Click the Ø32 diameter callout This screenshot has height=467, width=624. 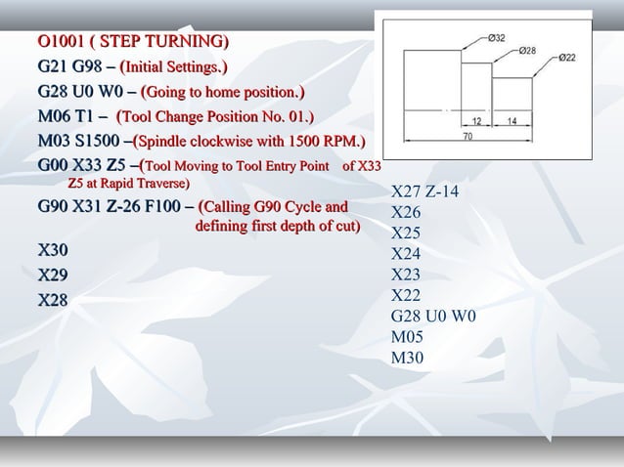click(x=497, y=38)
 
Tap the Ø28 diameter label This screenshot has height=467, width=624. click(x=527, y=49)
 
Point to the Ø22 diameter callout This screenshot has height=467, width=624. click(x=567, y=58)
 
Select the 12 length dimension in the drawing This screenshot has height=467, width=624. click(x=476, y=121)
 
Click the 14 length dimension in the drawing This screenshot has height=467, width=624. click(x=512, y=121)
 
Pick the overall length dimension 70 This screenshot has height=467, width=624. click(x=468, y=137)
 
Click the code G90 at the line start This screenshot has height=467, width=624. click(x=53, y=207)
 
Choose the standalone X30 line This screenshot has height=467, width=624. click(x=53, y=251)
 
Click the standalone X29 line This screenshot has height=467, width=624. click(x=53, y=276)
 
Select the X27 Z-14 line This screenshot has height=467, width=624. click(x=424, y=191)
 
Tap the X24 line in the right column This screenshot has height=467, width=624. click(x=405, y=254)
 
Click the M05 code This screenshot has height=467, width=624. click(x=407, y=337)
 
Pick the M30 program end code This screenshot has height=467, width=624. click(x=407, y=358)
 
